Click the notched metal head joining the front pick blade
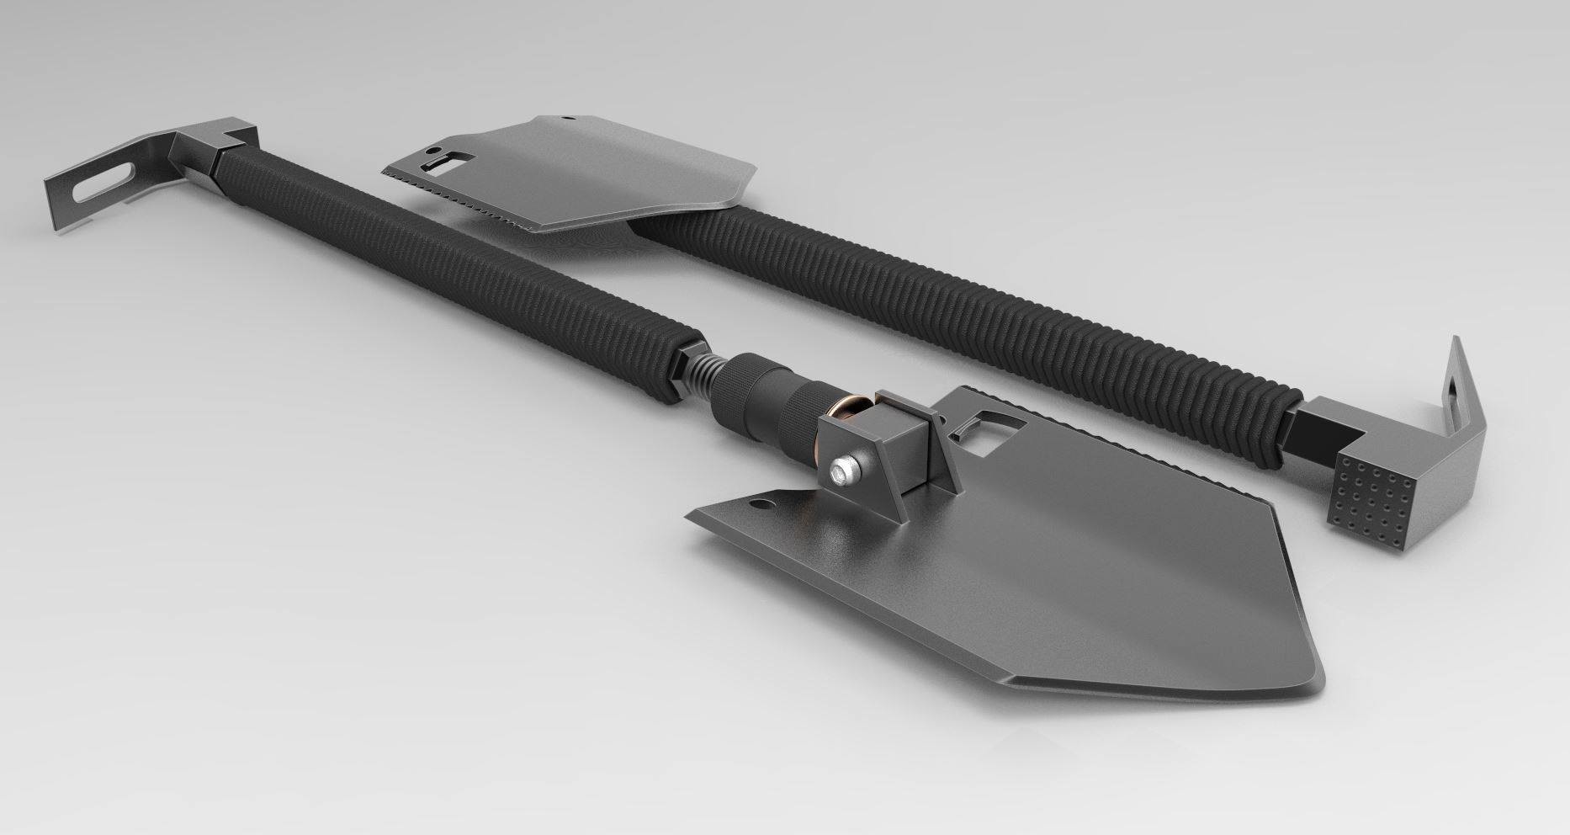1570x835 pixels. click(x=210, y=143)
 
